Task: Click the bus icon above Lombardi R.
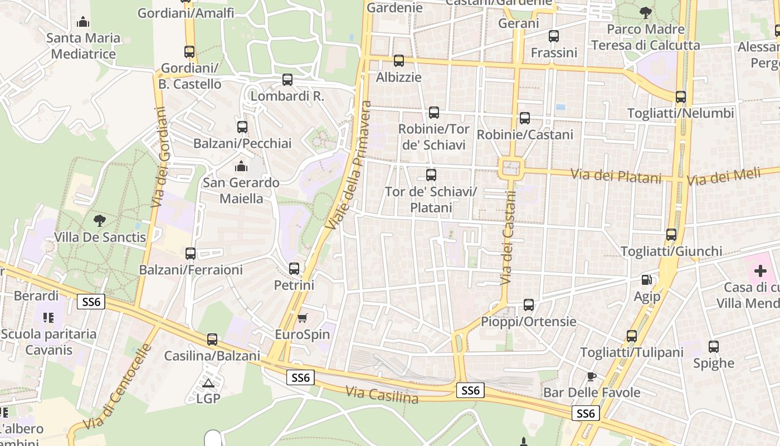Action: (x=287, y=80)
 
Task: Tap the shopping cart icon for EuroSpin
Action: (x=302, y=318)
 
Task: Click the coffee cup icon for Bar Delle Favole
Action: (x=591, y=376)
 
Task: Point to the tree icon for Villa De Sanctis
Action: (x=100, y=220)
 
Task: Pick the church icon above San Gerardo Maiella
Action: (x=241, y=166)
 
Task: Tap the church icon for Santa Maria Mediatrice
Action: (x=84, y=22)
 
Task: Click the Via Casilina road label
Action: (x=382, y=395)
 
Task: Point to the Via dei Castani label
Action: (x=509, y=237)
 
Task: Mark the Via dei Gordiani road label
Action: (x=160, y=157)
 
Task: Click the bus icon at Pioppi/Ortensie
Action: (x=529, y=305)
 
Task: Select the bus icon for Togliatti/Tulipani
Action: (x=631, y=336)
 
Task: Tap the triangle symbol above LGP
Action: (x=208, y=383)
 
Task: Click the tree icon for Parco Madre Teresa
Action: (x=645, y=12)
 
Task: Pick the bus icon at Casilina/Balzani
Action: (x=212, y=340)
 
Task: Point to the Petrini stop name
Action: (x=294, y=285)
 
